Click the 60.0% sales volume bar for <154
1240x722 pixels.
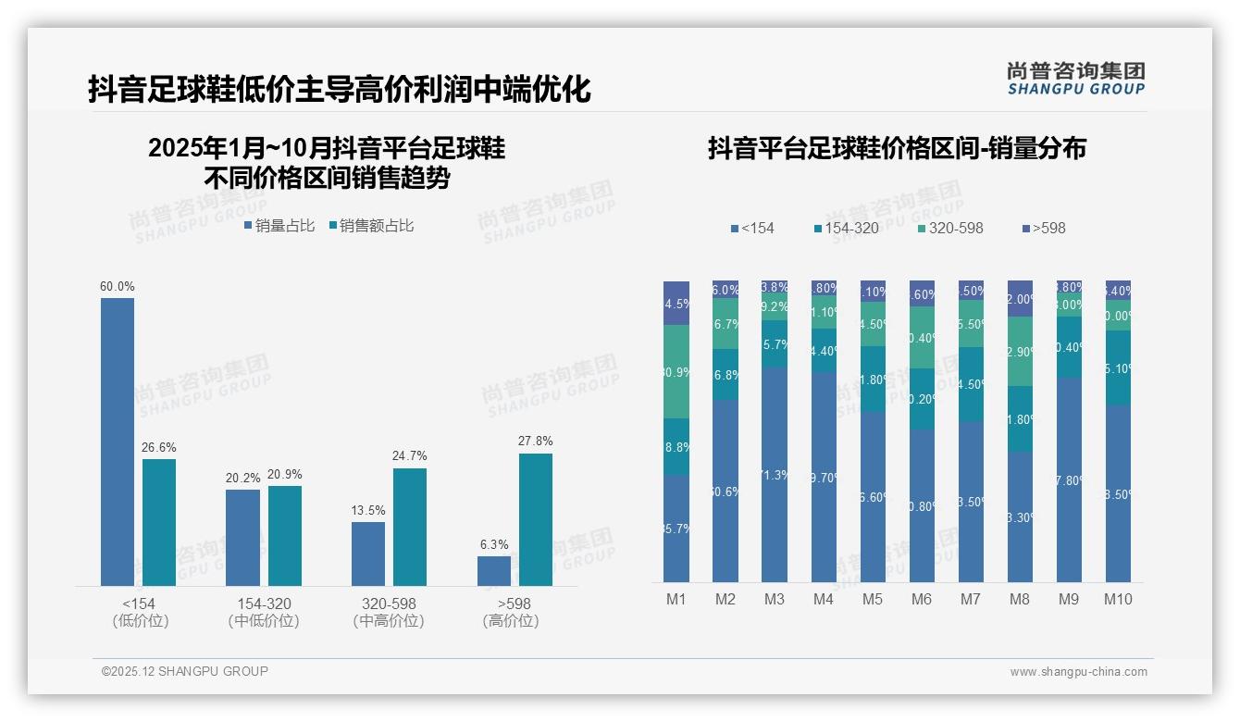pyautogui.click(x=118, y=442)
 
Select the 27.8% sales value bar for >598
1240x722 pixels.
pyautogui.click(x=535, y=519)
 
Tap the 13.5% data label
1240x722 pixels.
pyautogui.click(x=368, y=511)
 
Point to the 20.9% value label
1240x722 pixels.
pyautogui.click(x=285, y=475)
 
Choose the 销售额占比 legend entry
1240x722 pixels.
pyautogui.click(x=371, y=226)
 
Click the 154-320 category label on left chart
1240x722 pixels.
pyautogui.click(x=264, y=604)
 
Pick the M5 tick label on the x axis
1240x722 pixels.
pyautogui.click(x=872, y=599)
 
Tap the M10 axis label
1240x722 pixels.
pyautogui.click(x=1118, y=599)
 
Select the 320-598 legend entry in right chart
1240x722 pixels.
pyautogui.click(x=950, y=228)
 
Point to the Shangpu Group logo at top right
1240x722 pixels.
pyautogui.click(x=1075, y=78)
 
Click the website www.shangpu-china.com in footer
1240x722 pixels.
pyautogui.click(x=1078, y=672)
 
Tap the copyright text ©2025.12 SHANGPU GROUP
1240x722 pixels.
pyautogui.click(x=185, y=671)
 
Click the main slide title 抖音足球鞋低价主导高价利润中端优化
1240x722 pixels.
pyautogui.click(x=340, y=90)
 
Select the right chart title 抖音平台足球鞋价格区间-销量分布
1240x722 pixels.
pyautogui.click(x=897, y=148)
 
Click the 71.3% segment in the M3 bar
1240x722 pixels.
pyautogui.click(x=775, y=474)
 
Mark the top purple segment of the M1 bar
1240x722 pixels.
pyautogui.click(x=676, y=303)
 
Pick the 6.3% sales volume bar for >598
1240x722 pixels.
pyautogui.click(x=494, y=571)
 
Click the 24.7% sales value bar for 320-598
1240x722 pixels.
pyautogui.click(x=410, y=527)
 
